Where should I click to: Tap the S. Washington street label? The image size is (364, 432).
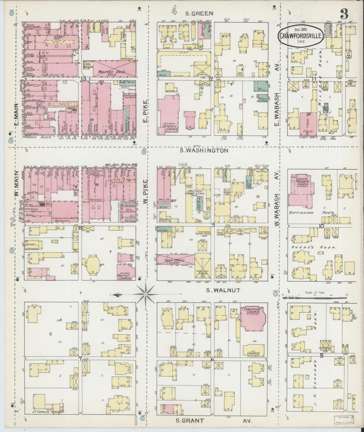204,151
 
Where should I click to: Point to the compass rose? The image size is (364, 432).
146,294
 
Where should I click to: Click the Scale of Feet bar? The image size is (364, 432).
315,298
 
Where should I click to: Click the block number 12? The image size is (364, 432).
211,79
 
